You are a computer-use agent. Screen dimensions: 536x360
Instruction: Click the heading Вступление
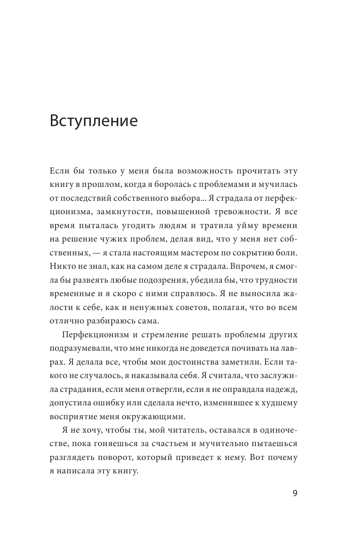click(94, 121)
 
